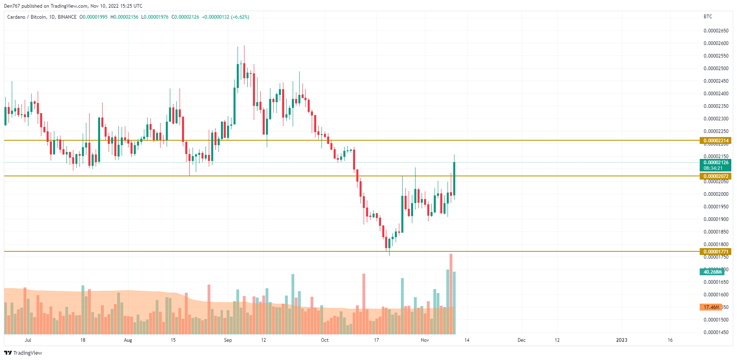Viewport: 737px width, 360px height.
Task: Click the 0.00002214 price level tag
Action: [x=716, y=141]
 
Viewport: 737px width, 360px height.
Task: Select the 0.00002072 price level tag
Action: [x=716, y=176]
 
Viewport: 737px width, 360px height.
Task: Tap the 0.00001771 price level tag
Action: [x=716, y=252]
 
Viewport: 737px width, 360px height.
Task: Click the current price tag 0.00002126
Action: [x=716, y=163]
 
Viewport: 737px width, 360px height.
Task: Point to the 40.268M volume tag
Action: [x=712, y=272]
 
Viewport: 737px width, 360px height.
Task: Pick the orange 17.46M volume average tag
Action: [x=711, y=307]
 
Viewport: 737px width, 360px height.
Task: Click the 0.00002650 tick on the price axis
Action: [x=716, y=31]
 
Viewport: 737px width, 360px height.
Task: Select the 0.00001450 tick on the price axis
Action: [x=716, y=332]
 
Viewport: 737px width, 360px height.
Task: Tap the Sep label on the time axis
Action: [x=228, y=340]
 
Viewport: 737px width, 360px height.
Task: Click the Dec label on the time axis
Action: [x=521, y=340]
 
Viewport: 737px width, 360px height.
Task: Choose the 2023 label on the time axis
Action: [x=621, y=340]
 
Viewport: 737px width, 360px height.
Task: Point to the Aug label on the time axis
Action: [x=128, y=340]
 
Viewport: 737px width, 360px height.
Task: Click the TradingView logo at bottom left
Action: [x=23, y=353]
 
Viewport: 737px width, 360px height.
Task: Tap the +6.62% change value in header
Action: [x=240, y=17]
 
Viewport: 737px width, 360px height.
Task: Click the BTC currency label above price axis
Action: [x=708, y=17]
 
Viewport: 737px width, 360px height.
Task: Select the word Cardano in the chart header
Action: [x=16, y=17]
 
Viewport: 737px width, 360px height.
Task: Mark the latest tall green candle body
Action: [x=454, y=178]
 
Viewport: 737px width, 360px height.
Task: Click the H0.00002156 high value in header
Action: [x=124, y=17]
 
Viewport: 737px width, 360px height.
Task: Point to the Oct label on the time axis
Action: [x=325, y=340]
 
